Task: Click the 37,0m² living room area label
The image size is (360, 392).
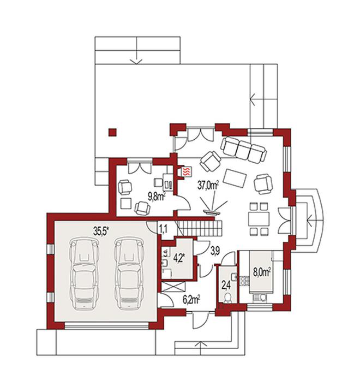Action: click(x=207, y=186)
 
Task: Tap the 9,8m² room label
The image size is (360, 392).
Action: click(x=157, y=197)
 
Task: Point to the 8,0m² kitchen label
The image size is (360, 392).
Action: click(x=262, y=272)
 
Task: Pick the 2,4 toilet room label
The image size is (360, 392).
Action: click(x=227, y=285)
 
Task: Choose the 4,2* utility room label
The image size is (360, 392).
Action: click(x=179, y=258)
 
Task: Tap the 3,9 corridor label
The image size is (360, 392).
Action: click(x=215, y=251)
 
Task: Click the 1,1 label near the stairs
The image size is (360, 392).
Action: click(x=163, y=229)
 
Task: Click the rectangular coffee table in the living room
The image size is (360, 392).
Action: click(x=235, y=178)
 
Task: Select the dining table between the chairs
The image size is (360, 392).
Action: click(x=259, y=219)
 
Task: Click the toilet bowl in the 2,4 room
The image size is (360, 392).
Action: click(x=227, y=298)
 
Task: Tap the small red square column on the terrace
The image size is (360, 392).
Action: click(x=112, y=133)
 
